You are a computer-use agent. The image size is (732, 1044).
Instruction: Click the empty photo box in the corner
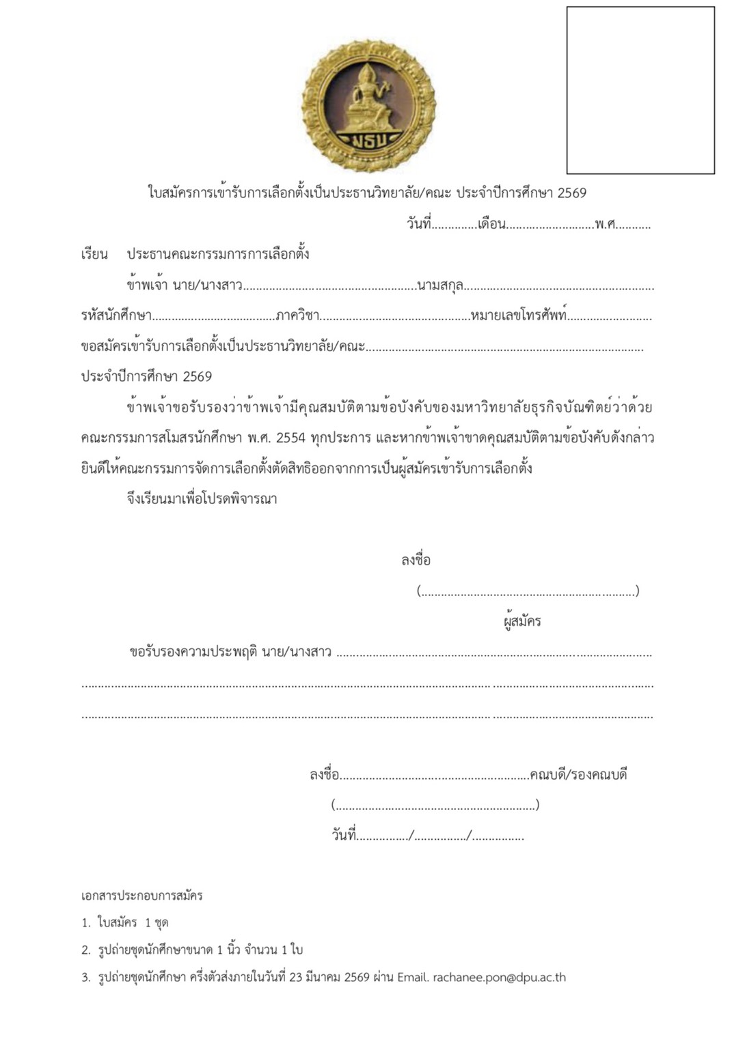point(640,90)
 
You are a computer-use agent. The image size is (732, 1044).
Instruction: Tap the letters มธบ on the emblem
point(370,141)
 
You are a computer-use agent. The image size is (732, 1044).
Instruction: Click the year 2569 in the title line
point(571,193)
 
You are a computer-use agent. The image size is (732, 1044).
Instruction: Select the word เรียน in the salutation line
point(94,255)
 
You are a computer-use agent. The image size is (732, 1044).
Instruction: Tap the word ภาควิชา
point(297,315)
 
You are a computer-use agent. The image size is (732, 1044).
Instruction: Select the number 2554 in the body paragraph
point(290,438)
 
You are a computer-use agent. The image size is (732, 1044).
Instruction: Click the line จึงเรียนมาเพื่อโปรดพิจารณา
point(202,498)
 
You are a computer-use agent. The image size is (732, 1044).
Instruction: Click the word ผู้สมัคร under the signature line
point(521,621)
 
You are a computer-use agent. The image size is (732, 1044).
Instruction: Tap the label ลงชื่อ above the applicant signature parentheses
point(416,561)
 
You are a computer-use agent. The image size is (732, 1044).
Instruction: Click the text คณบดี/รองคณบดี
point(578,775)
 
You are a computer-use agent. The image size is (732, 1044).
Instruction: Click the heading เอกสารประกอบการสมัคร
point(141,895)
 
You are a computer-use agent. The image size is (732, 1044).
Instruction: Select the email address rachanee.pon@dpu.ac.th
point(499,977)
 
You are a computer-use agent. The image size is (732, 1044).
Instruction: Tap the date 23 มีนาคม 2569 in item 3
point(329,977)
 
